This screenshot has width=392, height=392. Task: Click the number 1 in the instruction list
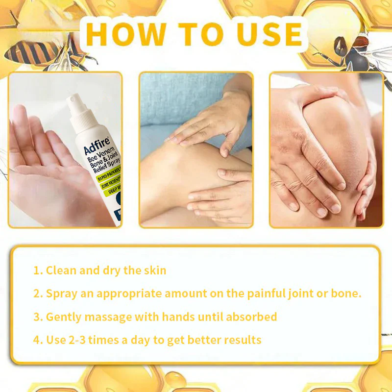click(36, 270)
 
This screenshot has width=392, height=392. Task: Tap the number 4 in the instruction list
click(36, 340)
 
